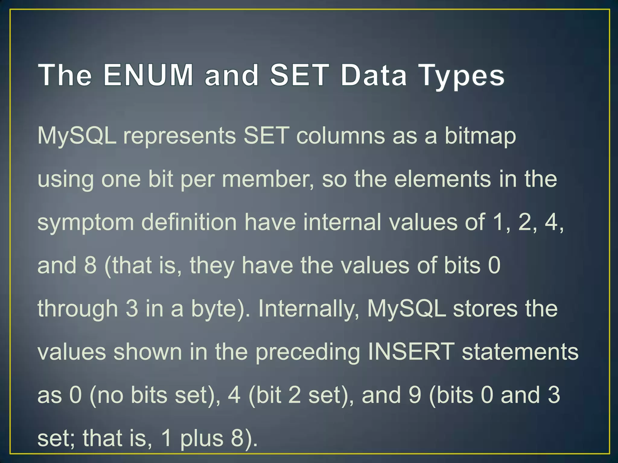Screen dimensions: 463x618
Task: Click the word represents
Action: [180, 136]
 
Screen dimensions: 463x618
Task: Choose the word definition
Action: [189, 222]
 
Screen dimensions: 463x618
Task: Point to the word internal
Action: [342, 222]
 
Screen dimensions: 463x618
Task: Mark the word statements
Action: [520, 351]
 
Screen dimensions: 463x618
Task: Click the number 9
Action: [415, 395]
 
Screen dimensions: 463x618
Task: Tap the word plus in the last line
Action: [202, 439]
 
